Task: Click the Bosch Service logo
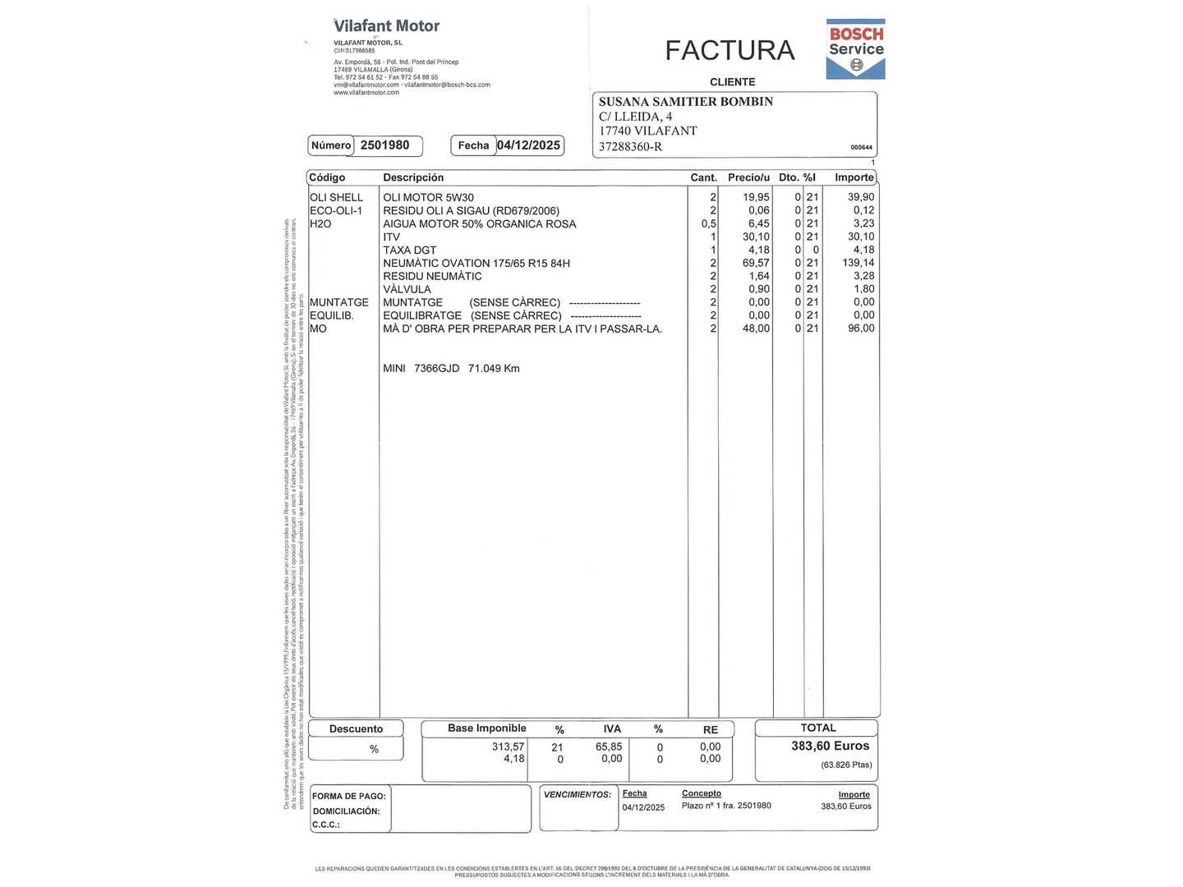(855, 48)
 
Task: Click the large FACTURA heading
(730, 50)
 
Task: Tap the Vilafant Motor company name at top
(386, 26)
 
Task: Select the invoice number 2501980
(384, 145)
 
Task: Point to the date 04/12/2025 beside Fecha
(528, 145)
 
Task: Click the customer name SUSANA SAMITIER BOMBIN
(685, 102)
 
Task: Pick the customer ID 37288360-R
(630, 147)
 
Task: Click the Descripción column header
(413, 177)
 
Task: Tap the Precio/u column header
(748, 177)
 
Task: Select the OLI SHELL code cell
(336, 197)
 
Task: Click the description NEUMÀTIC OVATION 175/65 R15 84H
(476, 263)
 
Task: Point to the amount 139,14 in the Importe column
(858, 263)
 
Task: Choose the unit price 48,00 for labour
(756, 329)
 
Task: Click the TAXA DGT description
(409, 250)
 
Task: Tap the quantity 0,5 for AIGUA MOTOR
(708, 223)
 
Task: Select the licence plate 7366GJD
(436, 368)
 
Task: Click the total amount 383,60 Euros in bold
(830, 746)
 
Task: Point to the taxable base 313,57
(508, 747)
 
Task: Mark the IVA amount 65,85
(609, 747)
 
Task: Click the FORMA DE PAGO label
(348, 796)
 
